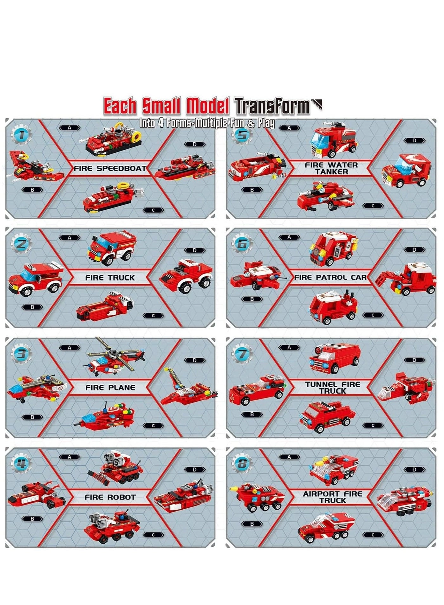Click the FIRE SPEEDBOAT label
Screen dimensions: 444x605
(110, 168)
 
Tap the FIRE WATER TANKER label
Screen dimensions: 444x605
(331, 168)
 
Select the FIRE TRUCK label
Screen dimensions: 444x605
(110, 278)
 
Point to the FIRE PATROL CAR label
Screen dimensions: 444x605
(330, 277)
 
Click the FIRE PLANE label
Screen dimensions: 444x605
(110, 388)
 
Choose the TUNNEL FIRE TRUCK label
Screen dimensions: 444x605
(333, 388)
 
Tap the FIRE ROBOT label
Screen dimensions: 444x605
(110, 497)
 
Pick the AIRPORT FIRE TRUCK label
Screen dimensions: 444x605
(333, 497)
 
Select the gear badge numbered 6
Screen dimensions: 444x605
(242, 244)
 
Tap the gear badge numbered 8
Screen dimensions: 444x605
(242, 464)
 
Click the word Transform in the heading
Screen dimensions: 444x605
(272, 106)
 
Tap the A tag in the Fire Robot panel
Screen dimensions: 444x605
(69, 457)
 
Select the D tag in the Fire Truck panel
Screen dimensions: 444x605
(195, 250)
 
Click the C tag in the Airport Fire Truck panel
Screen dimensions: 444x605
(373, 535)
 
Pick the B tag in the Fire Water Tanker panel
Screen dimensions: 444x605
(252, 190)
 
